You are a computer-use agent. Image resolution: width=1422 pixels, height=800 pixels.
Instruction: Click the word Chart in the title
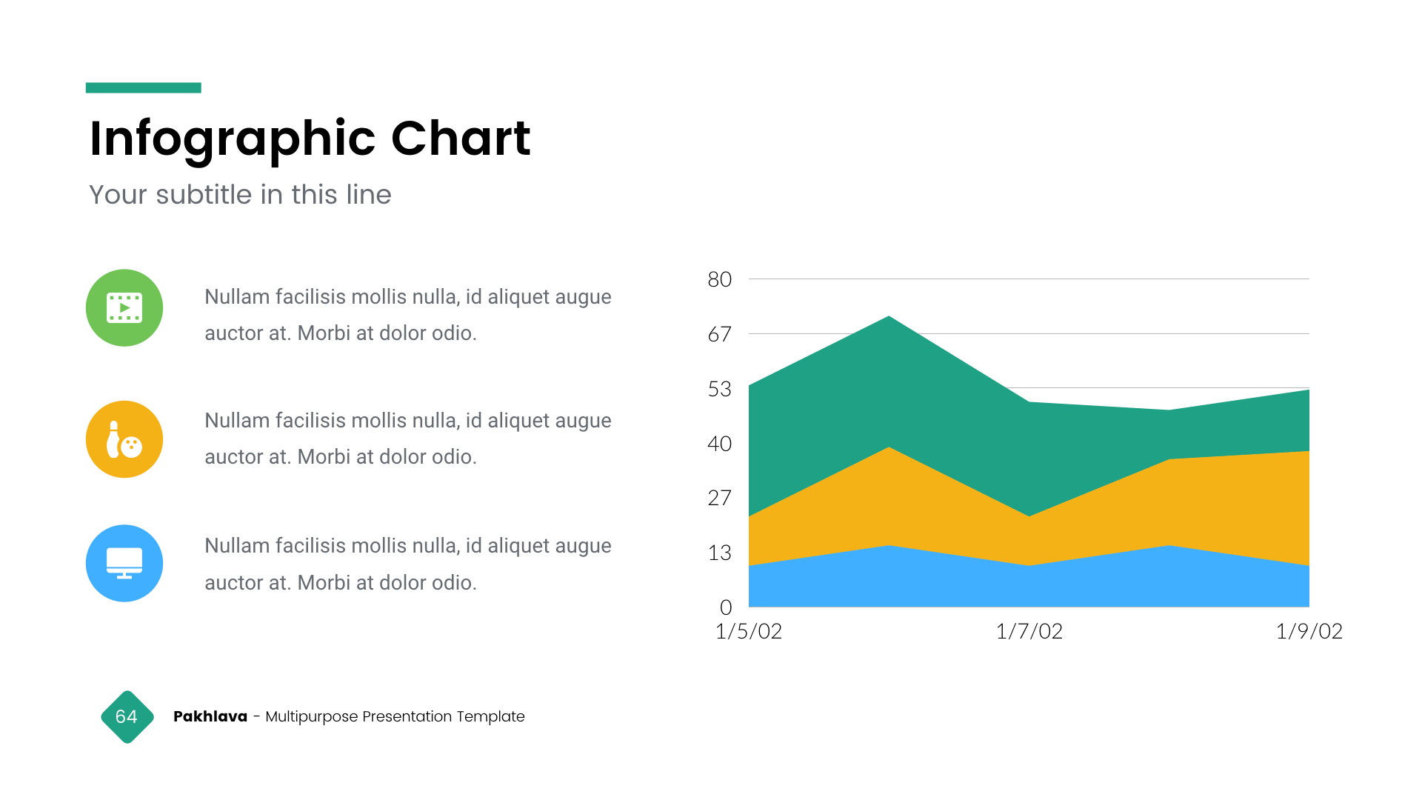(x=461, y=139)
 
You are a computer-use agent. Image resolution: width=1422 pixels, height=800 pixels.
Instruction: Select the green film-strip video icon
(x=124, y=308)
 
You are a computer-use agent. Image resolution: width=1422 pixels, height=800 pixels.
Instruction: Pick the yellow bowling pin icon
(x=124, y=439)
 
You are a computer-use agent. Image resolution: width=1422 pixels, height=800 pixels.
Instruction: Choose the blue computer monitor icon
(x=124, y=564)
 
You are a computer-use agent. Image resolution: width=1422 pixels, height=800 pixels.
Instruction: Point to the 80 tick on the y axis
(x=719, y=280)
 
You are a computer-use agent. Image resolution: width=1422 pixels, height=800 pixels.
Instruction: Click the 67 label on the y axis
(x=719, y=335)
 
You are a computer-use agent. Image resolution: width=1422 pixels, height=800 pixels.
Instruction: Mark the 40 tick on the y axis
(x=719, y=444)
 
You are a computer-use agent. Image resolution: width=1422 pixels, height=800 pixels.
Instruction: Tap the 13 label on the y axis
(x=719, y=553)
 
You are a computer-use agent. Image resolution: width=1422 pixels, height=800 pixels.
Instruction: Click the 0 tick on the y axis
(x=726, y=607)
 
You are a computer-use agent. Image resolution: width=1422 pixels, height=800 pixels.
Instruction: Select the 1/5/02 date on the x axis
(x=749, y=631)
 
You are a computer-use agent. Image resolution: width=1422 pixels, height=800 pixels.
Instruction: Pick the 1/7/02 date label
(x=1029, y=631)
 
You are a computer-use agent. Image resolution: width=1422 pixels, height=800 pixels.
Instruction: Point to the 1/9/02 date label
(x=1309, y=631)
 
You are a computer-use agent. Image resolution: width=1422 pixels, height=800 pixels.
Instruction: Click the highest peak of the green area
(x=889, y=320)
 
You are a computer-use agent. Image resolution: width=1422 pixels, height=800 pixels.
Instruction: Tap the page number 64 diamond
(x=127, y=717)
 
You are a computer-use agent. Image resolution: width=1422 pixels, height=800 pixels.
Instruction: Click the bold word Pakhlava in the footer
(x=210, y=716)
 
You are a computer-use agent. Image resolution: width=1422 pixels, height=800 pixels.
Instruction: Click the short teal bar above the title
(x=144, y=87)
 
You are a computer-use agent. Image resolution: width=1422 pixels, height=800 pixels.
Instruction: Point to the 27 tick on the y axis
(x=719, y=499)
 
